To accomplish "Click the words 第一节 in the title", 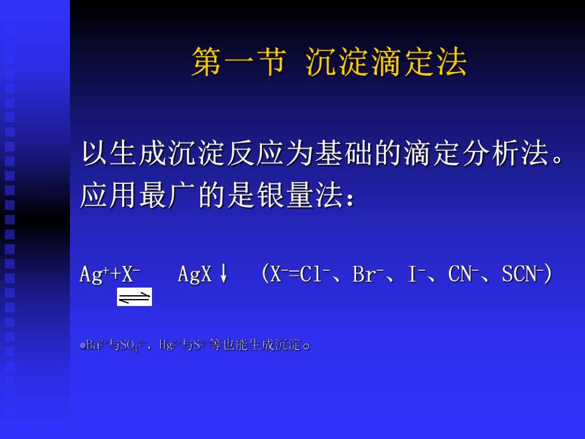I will (237, 62).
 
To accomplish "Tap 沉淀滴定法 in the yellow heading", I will (386, 62).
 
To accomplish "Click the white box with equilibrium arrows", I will (134, 297).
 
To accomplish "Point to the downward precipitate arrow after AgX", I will (223, 274).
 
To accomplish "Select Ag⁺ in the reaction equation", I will (93, 274).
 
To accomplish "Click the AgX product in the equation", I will (195, 274).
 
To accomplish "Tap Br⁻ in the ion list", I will (367, 274).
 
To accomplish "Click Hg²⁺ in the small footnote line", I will (168, 345).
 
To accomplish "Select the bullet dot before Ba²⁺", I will (83, 346).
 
